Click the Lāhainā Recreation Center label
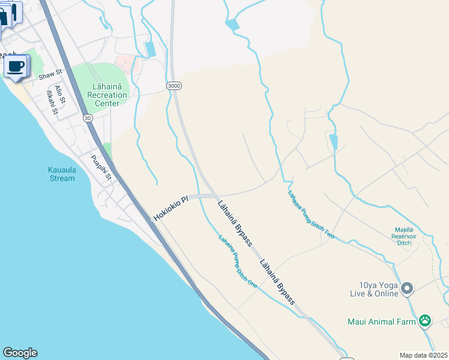107,95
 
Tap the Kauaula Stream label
62,173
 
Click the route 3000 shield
174,85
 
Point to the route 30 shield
88,118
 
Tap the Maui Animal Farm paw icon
425,321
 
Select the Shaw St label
50,74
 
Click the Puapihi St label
100,167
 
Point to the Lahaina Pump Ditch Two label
310,215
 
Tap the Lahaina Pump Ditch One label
238,261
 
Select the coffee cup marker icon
16,66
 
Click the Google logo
20,353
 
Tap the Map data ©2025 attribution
423,355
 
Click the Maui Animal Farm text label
382,322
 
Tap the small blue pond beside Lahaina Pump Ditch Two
333,142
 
